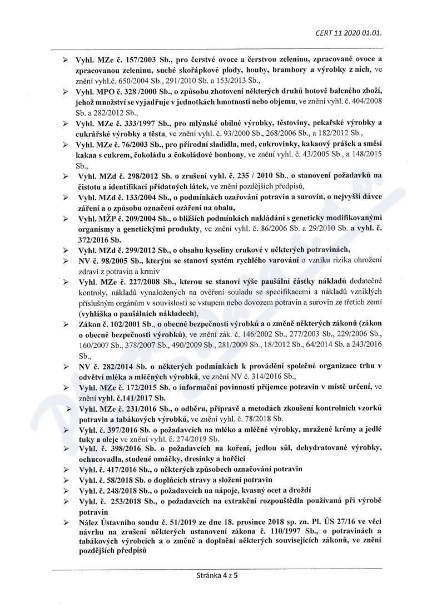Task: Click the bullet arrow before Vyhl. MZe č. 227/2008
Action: [x=66, y=284]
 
